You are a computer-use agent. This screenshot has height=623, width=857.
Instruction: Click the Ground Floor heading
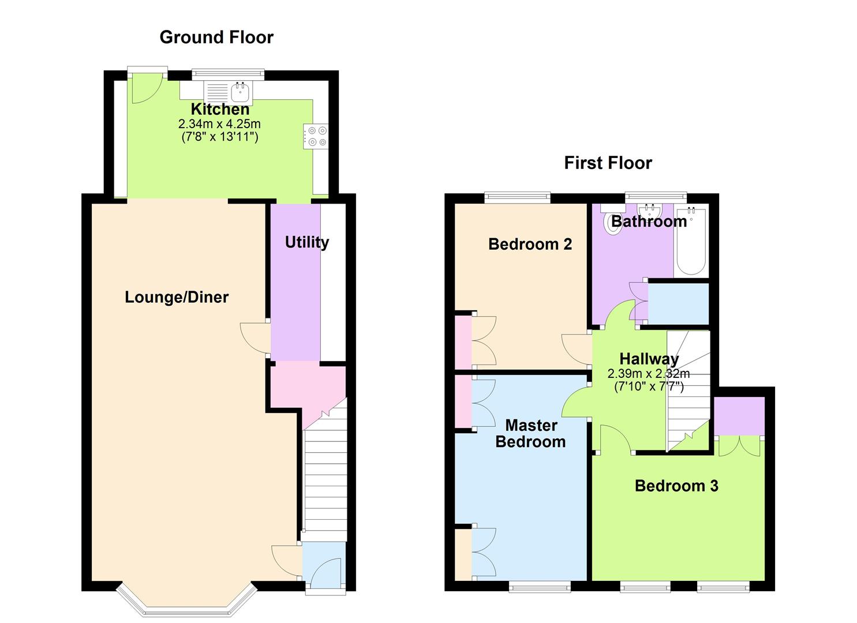216,37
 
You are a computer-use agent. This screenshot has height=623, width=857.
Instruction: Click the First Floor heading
608,163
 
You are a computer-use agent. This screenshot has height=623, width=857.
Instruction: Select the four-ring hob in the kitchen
316,136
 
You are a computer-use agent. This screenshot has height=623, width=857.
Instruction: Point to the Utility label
306,242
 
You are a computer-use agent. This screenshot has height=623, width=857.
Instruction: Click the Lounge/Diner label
177,298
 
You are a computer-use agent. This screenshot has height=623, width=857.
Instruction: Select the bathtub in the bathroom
691,242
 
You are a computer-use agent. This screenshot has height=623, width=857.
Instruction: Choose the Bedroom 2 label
530,245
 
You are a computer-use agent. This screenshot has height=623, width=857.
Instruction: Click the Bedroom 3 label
676,486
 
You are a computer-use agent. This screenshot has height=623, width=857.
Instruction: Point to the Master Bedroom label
530,434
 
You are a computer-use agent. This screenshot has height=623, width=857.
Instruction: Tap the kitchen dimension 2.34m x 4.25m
219,124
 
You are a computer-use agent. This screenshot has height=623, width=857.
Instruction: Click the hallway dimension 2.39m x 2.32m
649,374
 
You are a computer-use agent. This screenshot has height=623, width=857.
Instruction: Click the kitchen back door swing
143,89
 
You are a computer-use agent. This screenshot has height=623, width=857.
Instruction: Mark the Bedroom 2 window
517,198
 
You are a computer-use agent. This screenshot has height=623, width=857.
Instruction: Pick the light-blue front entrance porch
323,565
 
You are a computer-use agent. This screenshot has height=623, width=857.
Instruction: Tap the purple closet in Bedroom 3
739,415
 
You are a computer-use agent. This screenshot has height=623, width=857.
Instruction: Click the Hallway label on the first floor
649,359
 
